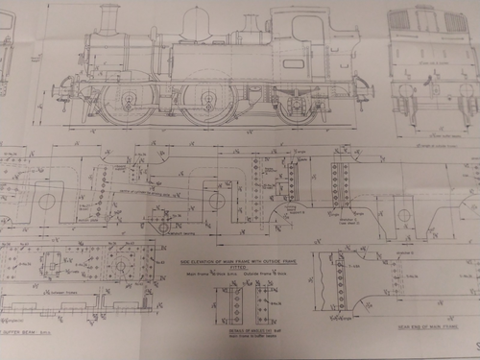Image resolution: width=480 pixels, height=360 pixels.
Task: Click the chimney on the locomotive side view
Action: point(108,16)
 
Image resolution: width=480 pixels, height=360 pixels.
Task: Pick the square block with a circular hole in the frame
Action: point(217,201)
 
